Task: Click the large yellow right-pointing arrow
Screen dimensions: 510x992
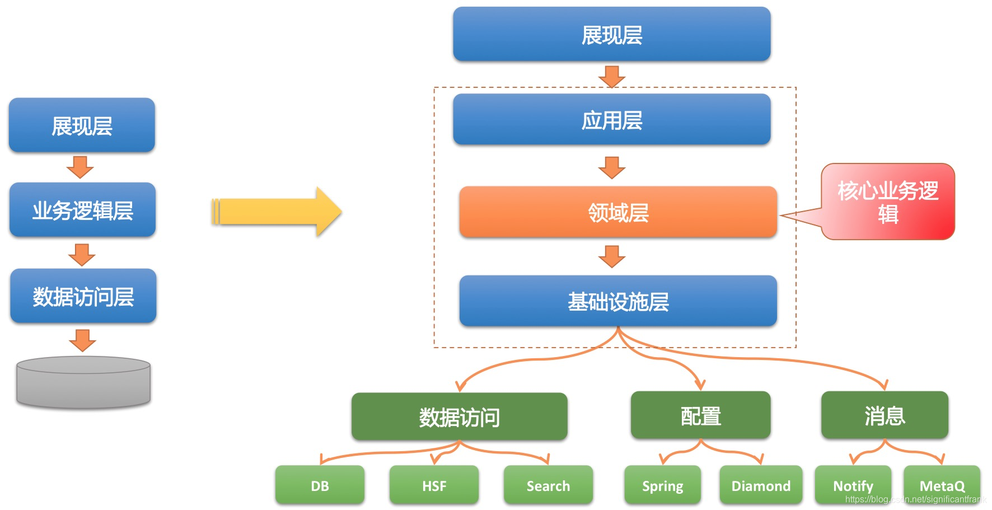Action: (277, 212)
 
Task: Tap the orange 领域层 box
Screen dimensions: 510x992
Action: (618, 212)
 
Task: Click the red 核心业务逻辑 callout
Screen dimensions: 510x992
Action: (888, 202)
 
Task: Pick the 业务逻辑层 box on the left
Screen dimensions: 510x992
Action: (82, 210)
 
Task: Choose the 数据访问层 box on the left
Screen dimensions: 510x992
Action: (83, 296)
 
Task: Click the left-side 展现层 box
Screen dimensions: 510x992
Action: (82, 125)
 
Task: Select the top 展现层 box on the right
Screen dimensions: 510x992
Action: (611, 35)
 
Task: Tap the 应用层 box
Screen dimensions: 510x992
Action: (611, 120)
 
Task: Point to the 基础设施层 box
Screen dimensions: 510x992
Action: (618, 301)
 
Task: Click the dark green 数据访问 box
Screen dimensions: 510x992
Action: (459, 417)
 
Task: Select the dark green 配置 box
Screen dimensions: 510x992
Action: (700, 415)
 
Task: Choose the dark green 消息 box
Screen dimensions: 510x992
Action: (885, 415)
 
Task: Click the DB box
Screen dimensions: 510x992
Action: (320, 485)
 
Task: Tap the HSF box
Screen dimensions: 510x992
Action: (434, 485)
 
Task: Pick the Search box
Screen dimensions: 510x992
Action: (548, 485)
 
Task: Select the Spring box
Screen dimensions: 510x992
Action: (662, 485)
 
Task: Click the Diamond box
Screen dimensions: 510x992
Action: (761, 485)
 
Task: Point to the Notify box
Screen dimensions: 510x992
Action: (853, 485)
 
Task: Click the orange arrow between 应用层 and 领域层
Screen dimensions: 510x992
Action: (611, 167)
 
